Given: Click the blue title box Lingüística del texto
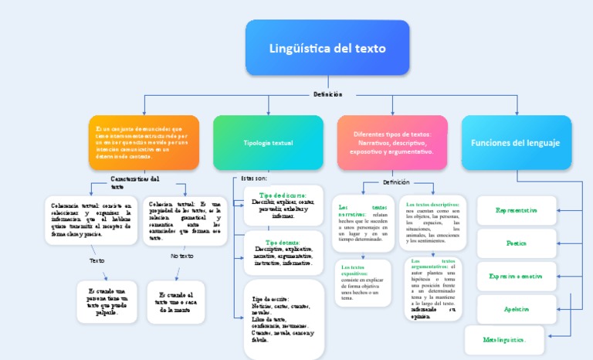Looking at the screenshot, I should pyautogui.click(x=327, y=48).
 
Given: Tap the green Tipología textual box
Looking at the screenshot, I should pyautogui.click(x=268, y=143).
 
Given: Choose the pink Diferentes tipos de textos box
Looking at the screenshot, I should pyautogui.click(x=392, y=142).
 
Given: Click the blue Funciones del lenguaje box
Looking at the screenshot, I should pyautogui.click(x=516, y=143).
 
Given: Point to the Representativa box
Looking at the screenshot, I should pyautogui.click(x=516, y=210).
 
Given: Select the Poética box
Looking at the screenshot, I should pyautogui.click(x=516, y=243).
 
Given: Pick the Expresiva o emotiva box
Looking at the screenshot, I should pyautogui.click(x=516, y=276).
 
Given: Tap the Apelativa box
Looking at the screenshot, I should pyautogui.click(x=516, y=309).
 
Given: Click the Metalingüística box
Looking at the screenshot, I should pyautogui.click(x=504, y=339).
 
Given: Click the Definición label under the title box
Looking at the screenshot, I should pyautogui.click(x=327, y=94).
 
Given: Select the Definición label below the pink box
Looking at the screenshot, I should pyautogui.click(x=396, y=182).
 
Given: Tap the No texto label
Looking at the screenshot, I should pyautogui.click(x=181, y=256).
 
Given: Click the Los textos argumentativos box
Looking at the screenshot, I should pyautogui.click(x=433, y=289).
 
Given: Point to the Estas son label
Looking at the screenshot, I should pyautogui.click(x=254, y=178).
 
